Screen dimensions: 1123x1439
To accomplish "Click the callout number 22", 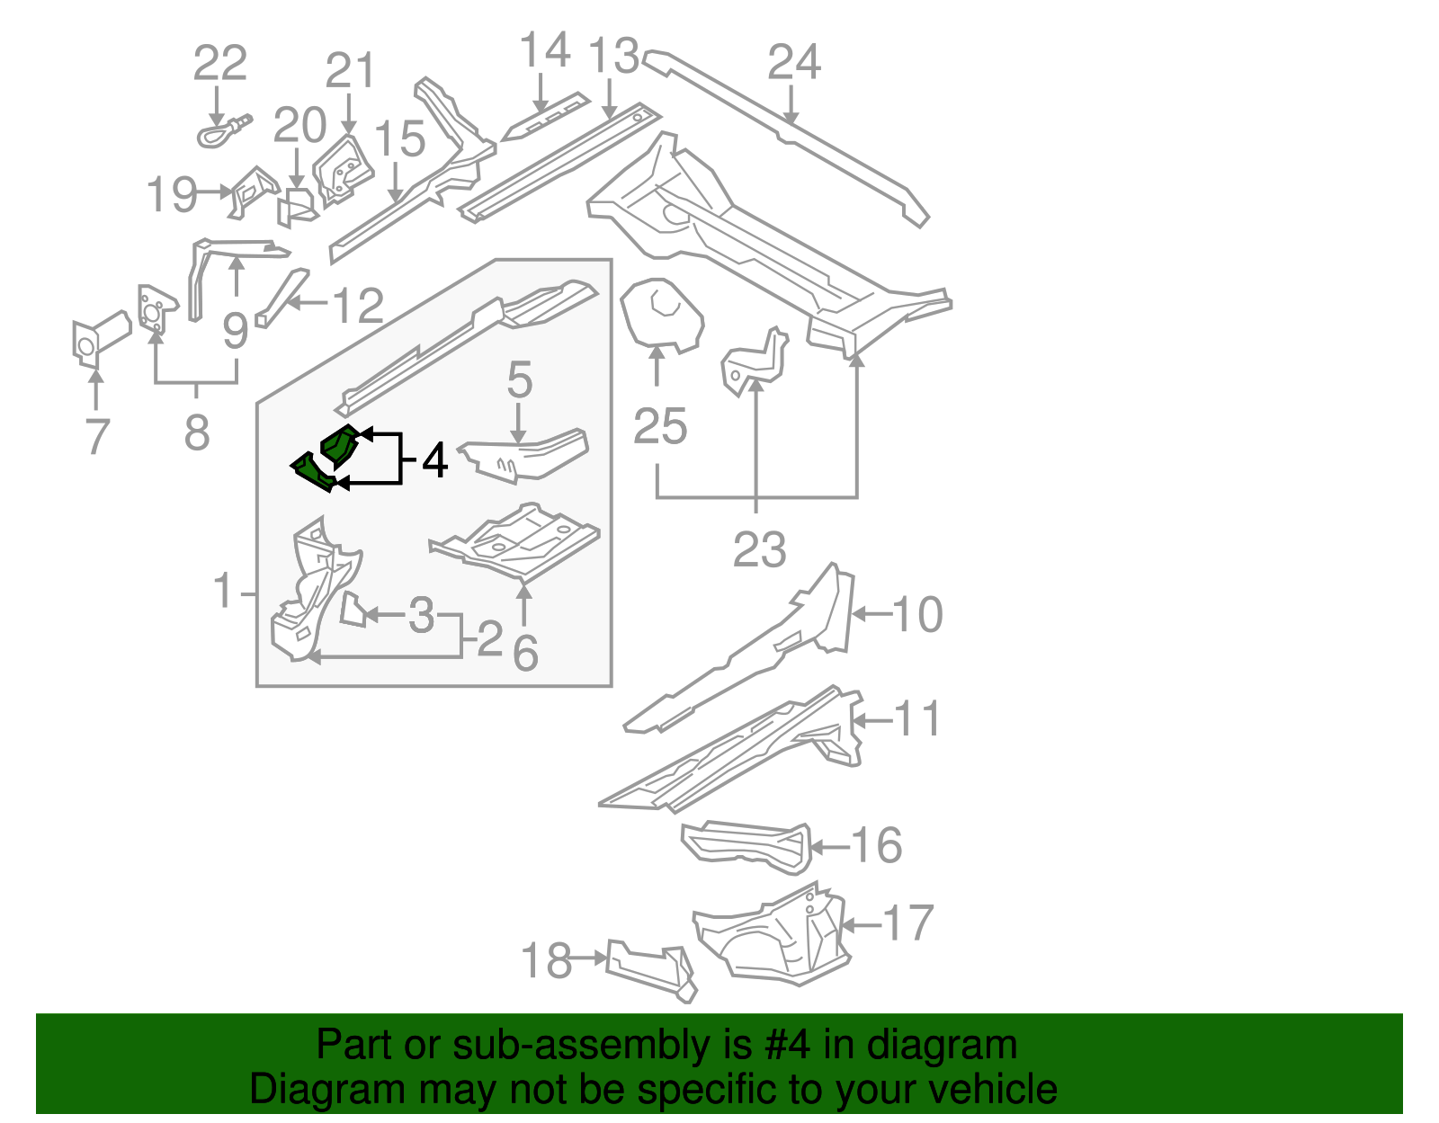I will [x=220, y=64].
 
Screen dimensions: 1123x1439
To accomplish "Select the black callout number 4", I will [x=434, y=459].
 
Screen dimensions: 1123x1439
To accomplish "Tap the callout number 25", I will [x=660, y=426].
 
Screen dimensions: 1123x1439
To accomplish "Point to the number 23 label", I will [x=760, y=549].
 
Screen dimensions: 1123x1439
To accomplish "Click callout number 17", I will [x=908, y=923].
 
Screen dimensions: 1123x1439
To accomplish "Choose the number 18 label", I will [x=546, y=960].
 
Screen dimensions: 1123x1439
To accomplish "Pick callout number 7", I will [x=96, y=436].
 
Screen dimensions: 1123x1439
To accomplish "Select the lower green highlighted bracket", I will [x=314, y=473].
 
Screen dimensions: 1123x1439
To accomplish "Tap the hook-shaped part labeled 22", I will [x=220, y=133].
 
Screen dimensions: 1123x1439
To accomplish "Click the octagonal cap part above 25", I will [x=661, y=312].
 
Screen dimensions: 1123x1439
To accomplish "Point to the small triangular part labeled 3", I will [x=353, y=610].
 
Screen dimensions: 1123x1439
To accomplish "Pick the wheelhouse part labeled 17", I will [x=773, y=935].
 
